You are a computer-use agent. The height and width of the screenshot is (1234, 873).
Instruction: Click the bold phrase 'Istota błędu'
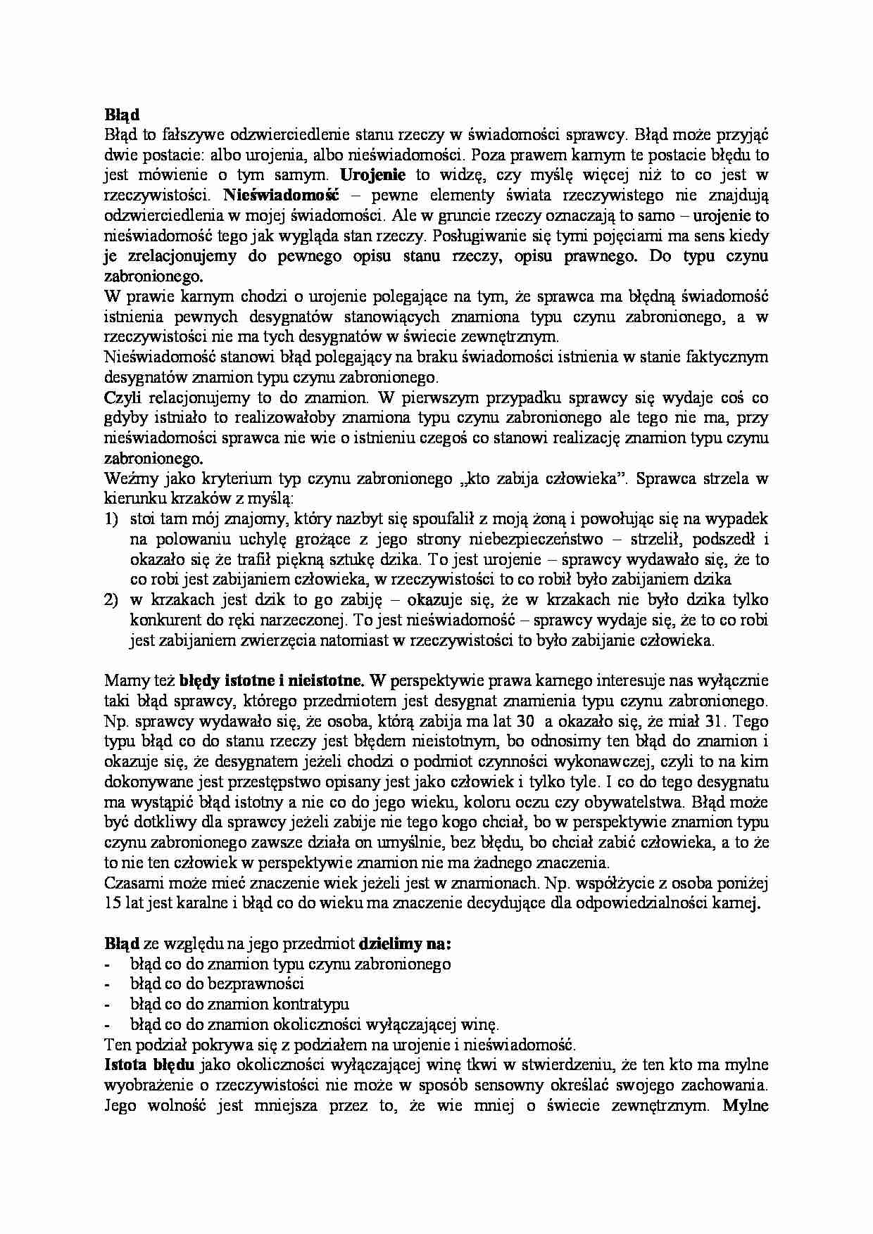click(145, 1064)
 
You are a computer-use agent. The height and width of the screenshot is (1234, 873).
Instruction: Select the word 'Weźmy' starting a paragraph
click(125, 479)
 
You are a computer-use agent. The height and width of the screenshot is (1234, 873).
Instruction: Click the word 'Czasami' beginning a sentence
click(130, 883)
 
